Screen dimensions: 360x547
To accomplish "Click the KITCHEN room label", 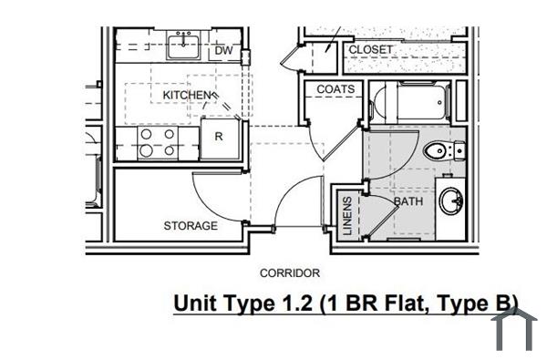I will pos(187,95).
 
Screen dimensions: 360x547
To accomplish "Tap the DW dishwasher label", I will pos(223,52).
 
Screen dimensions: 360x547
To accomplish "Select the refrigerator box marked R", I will pos(219,138).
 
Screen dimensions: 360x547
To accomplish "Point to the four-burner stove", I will pos(156,142).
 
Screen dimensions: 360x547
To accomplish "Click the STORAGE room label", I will pos(190,225).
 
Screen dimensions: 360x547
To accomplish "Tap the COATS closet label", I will pos(335,89).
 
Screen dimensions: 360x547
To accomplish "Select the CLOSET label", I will pos(371,48).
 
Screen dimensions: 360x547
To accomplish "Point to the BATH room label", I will pos(407,202).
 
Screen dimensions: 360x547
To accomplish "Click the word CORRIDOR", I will pos(289,273).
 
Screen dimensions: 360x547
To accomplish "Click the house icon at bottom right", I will pos(515,331).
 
